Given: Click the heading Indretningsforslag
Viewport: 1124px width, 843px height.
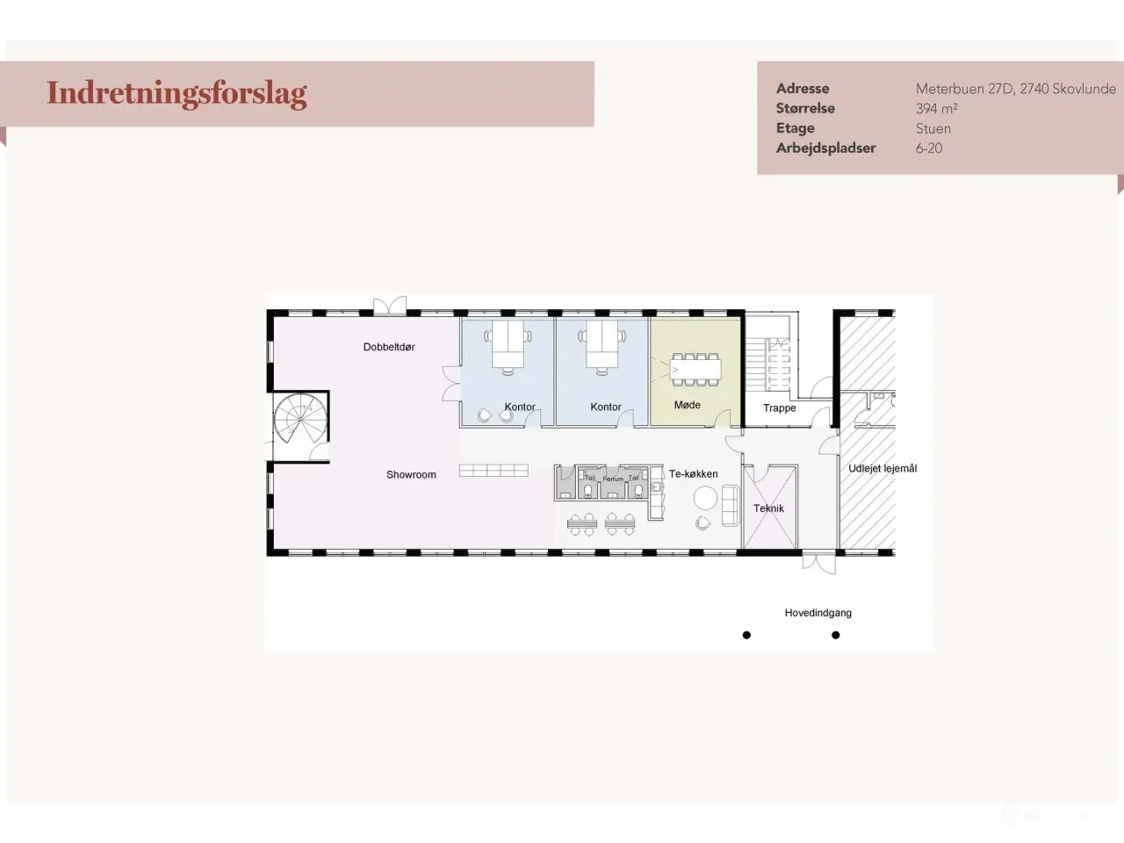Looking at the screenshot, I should pos(177,93).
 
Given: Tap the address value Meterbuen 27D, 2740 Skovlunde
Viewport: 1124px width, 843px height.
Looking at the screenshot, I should pos(1015,89).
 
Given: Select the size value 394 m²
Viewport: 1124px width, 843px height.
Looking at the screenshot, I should pos(936,109).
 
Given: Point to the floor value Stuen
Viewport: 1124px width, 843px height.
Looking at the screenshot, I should pos(933,128).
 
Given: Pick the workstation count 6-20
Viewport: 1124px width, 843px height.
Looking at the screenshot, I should pos(928,148).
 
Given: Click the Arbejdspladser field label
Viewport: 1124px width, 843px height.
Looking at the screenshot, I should pos(825,148).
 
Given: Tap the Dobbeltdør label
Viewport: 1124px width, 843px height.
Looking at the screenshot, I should pos(389,347).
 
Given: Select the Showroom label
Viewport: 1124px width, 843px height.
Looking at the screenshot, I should pos(411,475).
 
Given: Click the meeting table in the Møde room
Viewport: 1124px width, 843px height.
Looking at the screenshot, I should pos(695,370).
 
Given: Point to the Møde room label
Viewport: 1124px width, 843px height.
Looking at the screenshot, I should pos(687,405).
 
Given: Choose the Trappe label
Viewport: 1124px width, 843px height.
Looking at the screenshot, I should pos(779,408).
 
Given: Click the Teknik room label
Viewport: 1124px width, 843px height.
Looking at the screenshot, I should pos(768,508).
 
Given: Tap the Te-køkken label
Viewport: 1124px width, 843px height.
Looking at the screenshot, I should pos(693,474).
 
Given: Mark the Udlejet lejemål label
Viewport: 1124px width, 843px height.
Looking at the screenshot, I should pos(882,469).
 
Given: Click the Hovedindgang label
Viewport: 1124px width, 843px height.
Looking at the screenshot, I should pos(818,613).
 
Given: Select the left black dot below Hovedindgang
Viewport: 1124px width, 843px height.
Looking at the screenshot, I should pos(746,635).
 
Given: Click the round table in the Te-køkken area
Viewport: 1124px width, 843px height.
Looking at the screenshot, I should pos(705,498).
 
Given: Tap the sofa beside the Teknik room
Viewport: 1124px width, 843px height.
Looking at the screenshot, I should pos(730,505).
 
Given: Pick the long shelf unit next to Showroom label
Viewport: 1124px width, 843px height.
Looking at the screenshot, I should pos(494,471).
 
